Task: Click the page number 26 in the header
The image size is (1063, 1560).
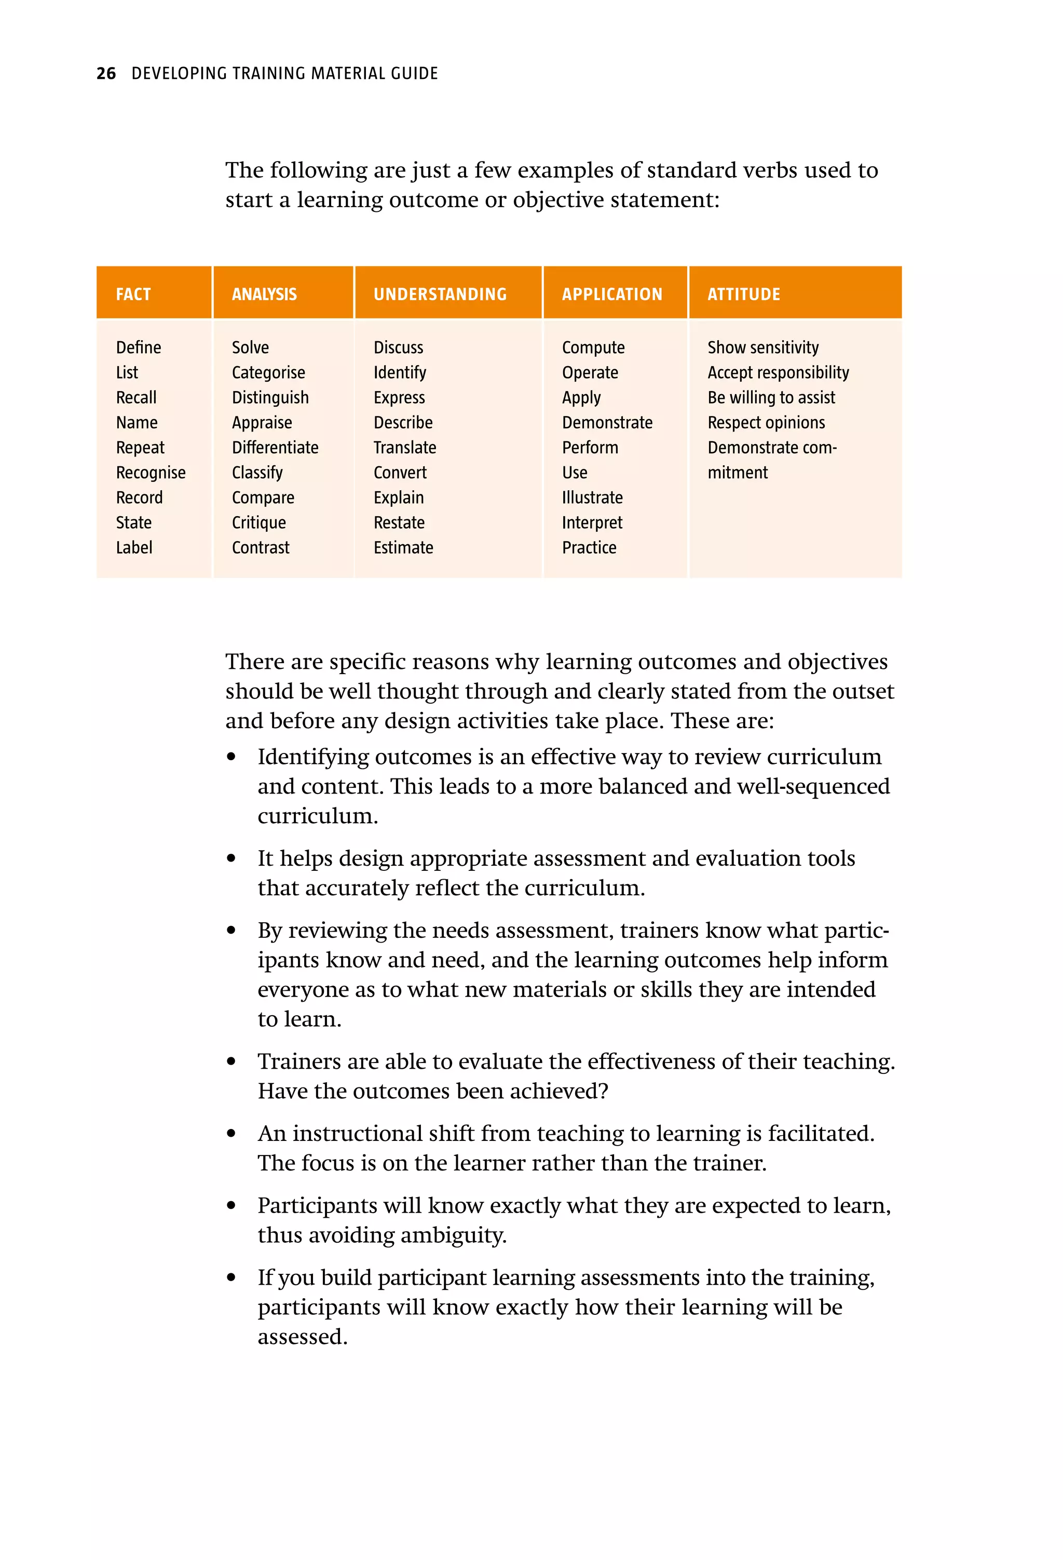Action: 106,73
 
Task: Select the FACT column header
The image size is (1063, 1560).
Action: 133,294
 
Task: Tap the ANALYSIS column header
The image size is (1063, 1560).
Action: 264,294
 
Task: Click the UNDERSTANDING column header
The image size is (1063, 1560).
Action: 440,294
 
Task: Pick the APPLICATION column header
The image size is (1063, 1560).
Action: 611,294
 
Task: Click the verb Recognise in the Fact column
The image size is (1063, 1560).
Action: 151,473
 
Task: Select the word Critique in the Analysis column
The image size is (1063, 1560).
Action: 258,522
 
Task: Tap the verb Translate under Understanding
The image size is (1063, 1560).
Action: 405,448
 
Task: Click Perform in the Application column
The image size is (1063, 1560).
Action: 590,448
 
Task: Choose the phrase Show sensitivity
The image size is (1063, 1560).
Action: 762,348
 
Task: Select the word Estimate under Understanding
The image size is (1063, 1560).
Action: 403,548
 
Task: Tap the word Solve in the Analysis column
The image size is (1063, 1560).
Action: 250,348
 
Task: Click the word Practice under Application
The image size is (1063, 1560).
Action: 589,548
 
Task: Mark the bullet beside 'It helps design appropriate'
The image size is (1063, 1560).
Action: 231,858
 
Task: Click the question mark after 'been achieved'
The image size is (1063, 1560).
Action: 603,1092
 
